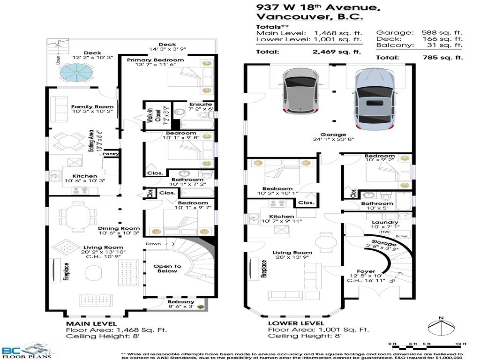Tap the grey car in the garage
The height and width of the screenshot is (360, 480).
(x=299, y=91)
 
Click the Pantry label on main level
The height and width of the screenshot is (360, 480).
(x=111, y=154)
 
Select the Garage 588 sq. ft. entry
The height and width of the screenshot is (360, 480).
(x=419, y=33)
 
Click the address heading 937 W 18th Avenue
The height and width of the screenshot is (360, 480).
(x=317, y=7)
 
